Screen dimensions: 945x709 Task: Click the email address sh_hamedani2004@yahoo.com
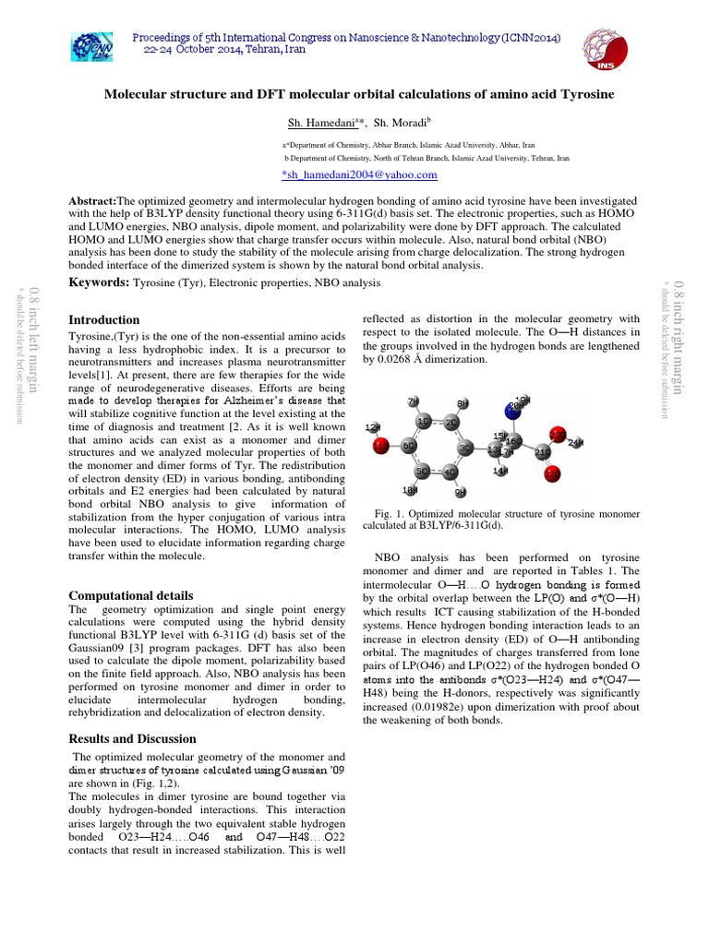(345, 174)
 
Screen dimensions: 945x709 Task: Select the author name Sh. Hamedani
(310, 122)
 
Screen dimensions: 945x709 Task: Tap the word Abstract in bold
(93, 200)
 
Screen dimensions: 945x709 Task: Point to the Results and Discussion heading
(133, 738)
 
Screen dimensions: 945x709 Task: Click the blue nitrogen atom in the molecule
(513, 410)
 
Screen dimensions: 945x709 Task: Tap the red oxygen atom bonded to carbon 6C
(380, 447)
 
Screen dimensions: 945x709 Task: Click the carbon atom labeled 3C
(467, 448)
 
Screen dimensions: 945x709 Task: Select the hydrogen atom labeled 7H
(413, 401)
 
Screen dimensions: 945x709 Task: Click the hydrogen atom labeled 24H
(576, 444)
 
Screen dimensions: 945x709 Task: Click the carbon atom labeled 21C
(542, 452)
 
